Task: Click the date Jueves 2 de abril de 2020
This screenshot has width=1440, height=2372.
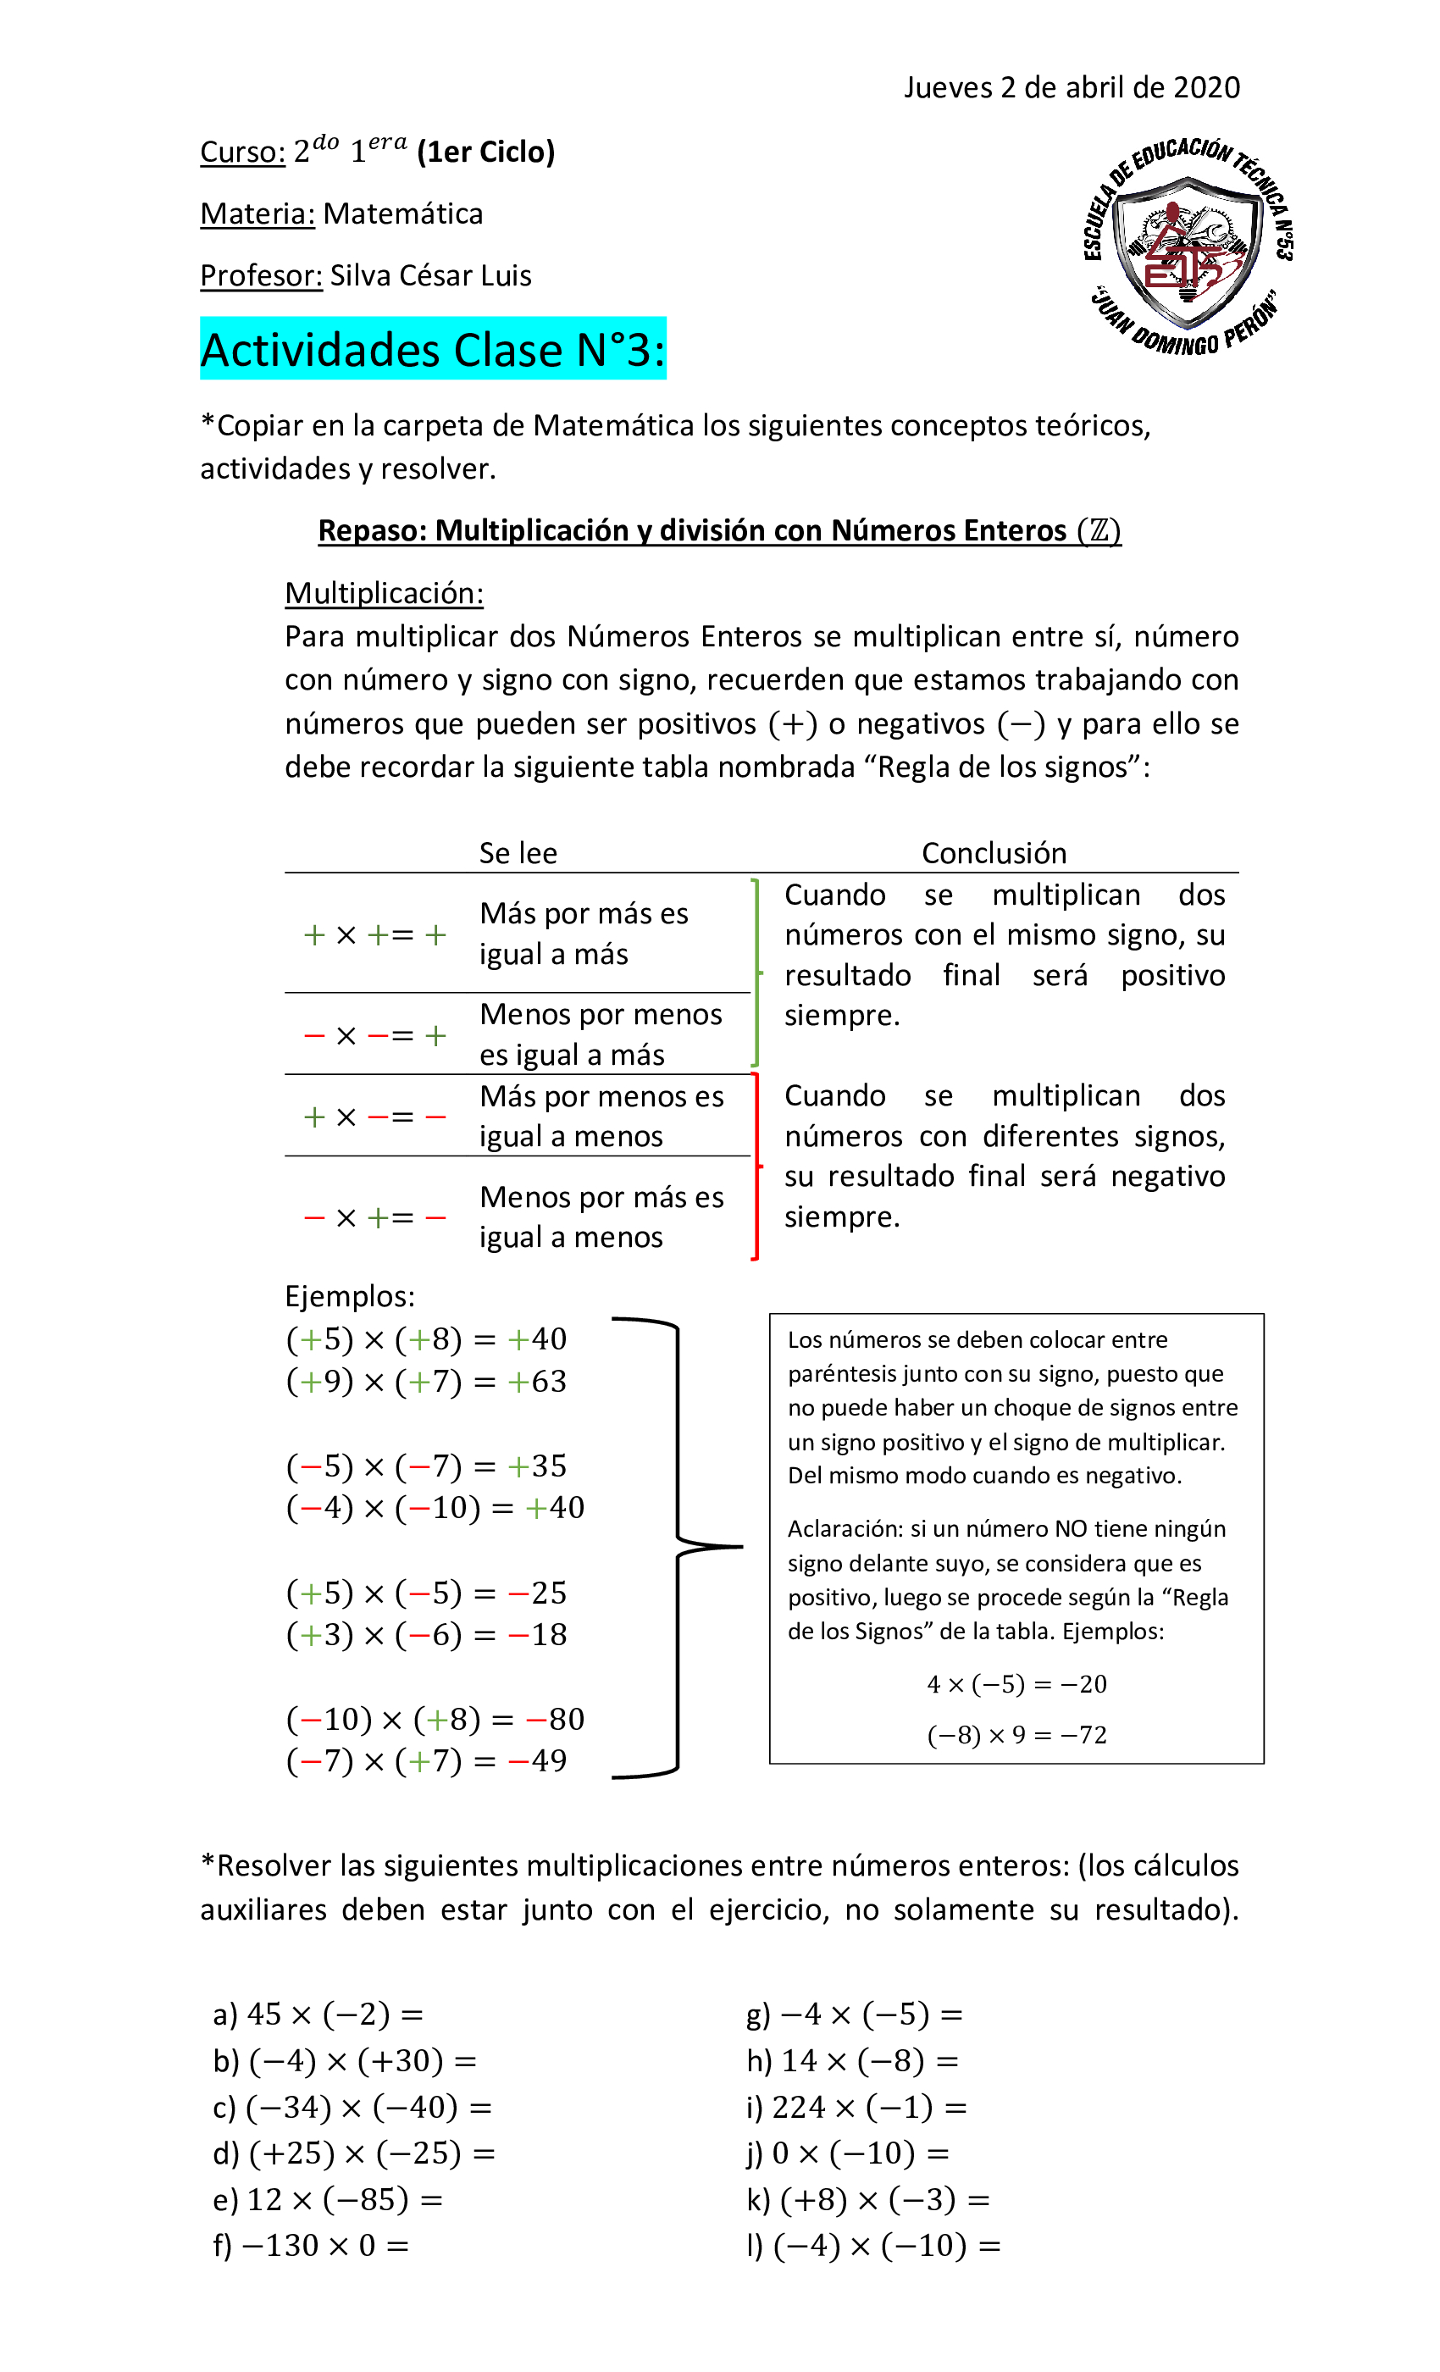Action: click(x=1071, y=87)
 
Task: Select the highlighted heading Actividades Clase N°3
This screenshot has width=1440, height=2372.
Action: click(x=432, y=349)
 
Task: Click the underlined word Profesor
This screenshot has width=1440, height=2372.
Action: click(x=261, y=276)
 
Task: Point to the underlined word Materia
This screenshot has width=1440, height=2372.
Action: click(x=257, y=213)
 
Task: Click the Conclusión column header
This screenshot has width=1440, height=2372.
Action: click(x=994, y=853)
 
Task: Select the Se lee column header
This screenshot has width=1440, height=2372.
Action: click(x=518, y=853)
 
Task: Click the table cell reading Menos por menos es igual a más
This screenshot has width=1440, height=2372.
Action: click(x=601, y=1034)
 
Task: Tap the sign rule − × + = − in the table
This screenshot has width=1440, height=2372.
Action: click(x=374, y=1218)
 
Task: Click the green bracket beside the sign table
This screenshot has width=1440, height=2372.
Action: click(x=756, y=973)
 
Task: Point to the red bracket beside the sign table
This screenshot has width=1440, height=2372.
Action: click(x=756, y=1166)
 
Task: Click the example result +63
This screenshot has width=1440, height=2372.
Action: click(x=537, y=1382)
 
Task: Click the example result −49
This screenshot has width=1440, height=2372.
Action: click(x=537, y=1760)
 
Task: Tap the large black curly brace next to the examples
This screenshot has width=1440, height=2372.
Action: click(x=678, y=1547)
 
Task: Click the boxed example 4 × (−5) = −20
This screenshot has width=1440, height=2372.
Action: click(x=1016, y=1684)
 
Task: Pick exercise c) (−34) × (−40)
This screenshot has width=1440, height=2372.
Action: click(x=352, y=2108)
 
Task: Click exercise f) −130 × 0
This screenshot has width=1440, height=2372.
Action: click(x=311, y=2246)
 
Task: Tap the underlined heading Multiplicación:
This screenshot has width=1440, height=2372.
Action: click(x=383, y=593)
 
